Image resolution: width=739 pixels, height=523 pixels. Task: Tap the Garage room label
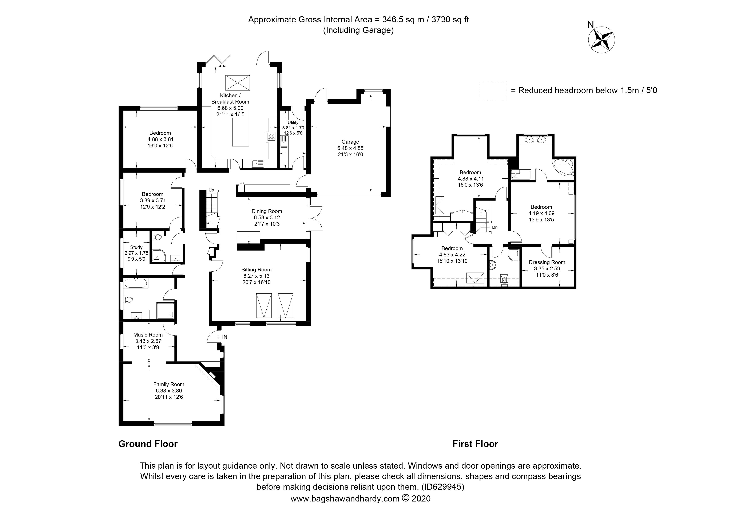pyautogui.click(x=350, y=142)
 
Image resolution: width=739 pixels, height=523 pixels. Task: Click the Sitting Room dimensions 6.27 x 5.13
pyautogui.click(x=256, y=276)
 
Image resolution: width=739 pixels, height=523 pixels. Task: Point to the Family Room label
pyautogui.click(x=169, y=384)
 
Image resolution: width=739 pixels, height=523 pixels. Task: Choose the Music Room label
pyautogui.click(x=148, y=335)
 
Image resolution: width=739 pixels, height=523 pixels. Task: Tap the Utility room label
pyautogui.click(x=293, y=123)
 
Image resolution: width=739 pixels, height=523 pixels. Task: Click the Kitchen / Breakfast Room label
pyautogui.click(x=230, y=99)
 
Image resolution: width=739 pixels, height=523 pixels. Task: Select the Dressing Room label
pyautogui.click(x=547, y=262)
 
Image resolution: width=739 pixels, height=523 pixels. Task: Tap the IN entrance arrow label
pyautogui.click(x=222, y=337)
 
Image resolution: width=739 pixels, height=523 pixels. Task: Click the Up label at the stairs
pyautogui.click(x=211, y=190)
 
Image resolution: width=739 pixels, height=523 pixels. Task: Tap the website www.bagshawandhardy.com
pyautogui.click(x=345, y=499)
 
